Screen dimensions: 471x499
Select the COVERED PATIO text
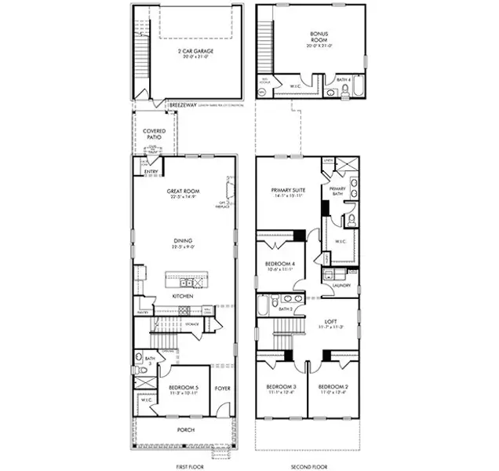[154, 134]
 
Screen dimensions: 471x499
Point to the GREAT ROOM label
[184, 192]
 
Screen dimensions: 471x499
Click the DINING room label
[184, 241]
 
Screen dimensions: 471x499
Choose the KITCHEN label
[184, 296]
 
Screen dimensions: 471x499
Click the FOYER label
[223, 387]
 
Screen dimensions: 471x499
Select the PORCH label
[185, 429]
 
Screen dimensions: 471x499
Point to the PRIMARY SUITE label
[288, 190]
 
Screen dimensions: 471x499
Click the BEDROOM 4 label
[280, 264]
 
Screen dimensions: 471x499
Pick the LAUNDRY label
[341, 286]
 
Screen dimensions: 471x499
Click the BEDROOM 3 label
[280, 388]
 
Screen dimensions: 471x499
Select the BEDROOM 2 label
[333, 388]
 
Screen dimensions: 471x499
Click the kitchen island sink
[186, 282]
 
